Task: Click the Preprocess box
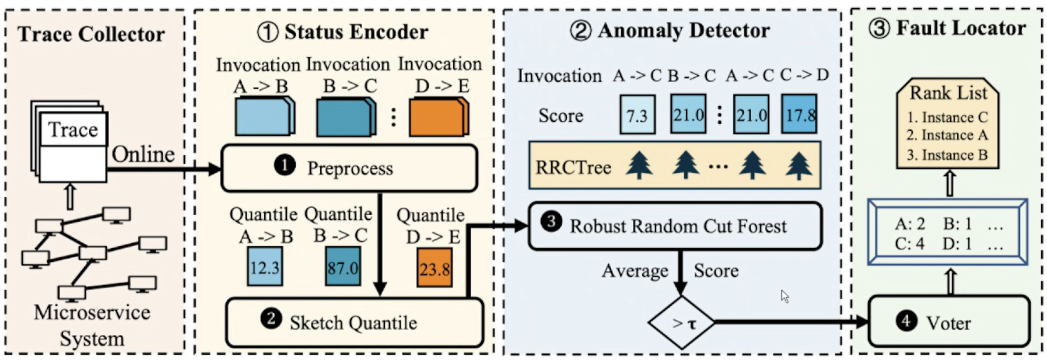click(349, 168)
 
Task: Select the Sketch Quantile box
click(354, 323)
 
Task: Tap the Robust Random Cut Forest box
click(675, 226)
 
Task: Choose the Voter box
click(948, 322)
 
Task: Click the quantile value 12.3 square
click(265, 267)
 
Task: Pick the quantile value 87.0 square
click(343, 267)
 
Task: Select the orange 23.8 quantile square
click(435, 268)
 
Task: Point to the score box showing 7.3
click(637, 116)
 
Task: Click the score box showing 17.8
click(799, 114)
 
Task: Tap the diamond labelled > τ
click(681, 323)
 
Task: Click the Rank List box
click(948, 123)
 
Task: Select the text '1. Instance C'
click(947, 117)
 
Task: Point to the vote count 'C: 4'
click(909, 243)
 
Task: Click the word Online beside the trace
click(143, 154)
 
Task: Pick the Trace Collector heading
click(91, 34)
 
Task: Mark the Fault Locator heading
click(947, 28)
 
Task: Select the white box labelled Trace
click(72, 130)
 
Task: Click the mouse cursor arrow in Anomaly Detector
click(785, 296)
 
